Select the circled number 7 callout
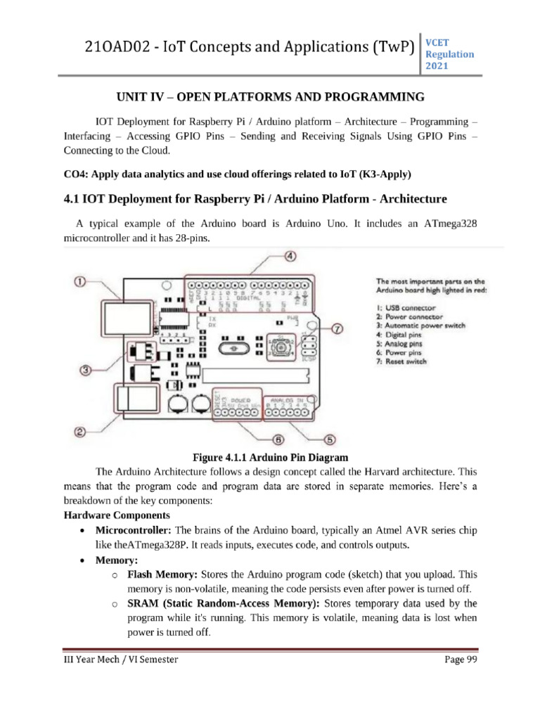pyautogui.click(x=337, y=328)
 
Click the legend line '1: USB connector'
pyautogui.click(x=406, y=307)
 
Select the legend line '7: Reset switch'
pyautogui.click(x=401, y=361)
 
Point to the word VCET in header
pyautogui.click(x=435, y=43)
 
